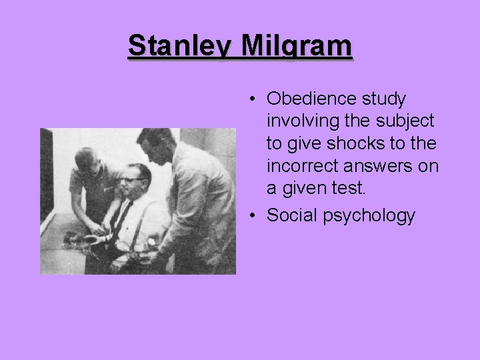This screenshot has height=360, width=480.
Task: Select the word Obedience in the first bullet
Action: coord(311,99)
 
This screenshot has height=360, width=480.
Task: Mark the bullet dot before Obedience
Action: coord(255,100)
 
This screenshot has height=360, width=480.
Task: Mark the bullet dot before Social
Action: coord(255,216)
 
